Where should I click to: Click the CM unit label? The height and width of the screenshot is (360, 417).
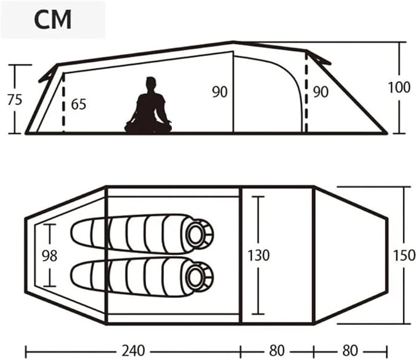click(53, 20)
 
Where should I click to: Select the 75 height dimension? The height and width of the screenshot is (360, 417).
click(15, 100)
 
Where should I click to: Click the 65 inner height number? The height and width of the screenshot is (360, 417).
click(79, 104)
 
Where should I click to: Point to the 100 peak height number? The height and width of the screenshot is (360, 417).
click(399, 87)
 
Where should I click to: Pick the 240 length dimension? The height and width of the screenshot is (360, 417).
click(133, 350)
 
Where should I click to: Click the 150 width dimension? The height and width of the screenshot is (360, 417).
click(404, 255)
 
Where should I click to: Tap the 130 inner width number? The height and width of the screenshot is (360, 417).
click(259, 255)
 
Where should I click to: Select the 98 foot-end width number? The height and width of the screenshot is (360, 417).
click(50, 256)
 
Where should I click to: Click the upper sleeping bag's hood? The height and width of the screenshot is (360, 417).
click(198, 234)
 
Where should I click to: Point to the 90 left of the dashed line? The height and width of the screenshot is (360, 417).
click(220, 92)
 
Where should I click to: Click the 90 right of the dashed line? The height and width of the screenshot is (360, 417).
click(321, 92)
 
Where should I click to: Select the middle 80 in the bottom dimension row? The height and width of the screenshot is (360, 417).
click(276, 350)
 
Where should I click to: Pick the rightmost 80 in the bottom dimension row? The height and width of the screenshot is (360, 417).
click(350, 350)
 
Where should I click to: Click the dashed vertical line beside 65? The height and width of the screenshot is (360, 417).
click(63, 103)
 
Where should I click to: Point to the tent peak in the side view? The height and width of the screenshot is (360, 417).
click(233, 42)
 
